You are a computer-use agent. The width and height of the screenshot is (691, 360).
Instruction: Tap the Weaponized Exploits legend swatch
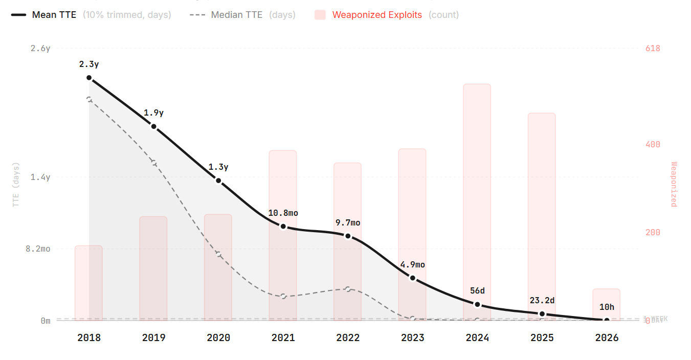320,15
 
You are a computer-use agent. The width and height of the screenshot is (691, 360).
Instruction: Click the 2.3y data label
89,64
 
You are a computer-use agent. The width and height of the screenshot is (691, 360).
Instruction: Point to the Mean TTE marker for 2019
154,126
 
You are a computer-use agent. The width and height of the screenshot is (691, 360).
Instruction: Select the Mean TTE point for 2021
283,227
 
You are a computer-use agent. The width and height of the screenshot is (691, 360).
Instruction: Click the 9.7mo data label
348,223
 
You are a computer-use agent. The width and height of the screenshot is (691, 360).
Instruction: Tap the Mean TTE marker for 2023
413,278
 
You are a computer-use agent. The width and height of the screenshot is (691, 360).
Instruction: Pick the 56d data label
477,291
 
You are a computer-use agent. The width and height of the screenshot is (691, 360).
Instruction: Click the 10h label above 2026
607,307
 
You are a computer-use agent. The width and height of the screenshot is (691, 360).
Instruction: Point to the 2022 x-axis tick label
348,338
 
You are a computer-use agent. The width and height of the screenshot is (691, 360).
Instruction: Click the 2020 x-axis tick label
218,338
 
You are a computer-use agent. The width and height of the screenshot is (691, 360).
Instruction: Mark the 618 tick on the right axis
653,49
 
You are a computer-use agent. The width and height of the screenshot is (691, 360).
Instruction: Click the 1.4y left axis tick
40,177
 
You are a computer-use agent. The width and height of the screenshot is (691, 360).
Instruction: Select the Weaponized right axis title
674,185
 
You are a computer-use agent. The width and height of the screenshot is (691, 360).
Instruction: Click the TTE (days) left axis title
16,185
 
